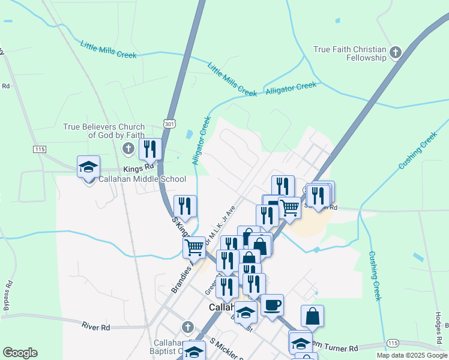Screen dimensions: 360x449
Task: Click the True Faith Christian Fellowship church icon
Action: pos(395,53)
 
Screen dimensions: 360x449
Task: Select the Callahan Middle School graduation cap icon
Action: pos(88,167)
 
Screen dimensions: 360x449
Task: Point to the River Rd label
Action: pos(96,327)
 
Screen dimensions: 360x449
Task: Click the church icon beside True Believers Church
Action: pos(127,148)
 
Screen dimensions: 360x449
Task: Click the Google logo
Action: pos(20,353)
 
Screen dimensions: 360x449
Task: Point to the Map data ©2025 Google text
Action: pos(411,355)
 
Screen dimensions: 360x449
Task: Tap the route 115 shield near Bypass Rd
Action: pos(40,148)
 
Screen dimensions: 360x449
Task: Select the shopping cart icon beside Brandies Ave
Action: pos(194,247)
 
